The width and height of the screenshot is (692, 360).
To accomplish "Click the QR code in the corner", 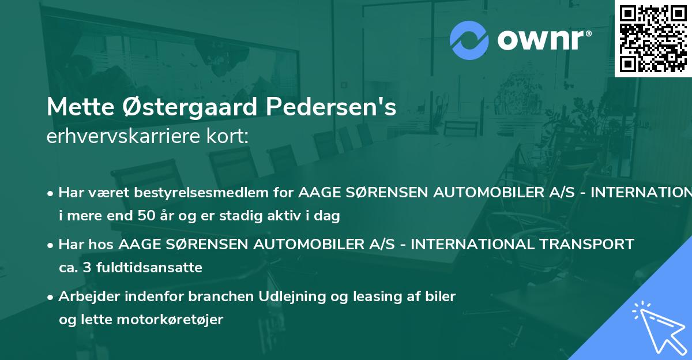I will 653,38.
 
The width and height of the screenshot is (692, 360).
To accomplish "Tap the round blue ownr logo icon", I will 469,40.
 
